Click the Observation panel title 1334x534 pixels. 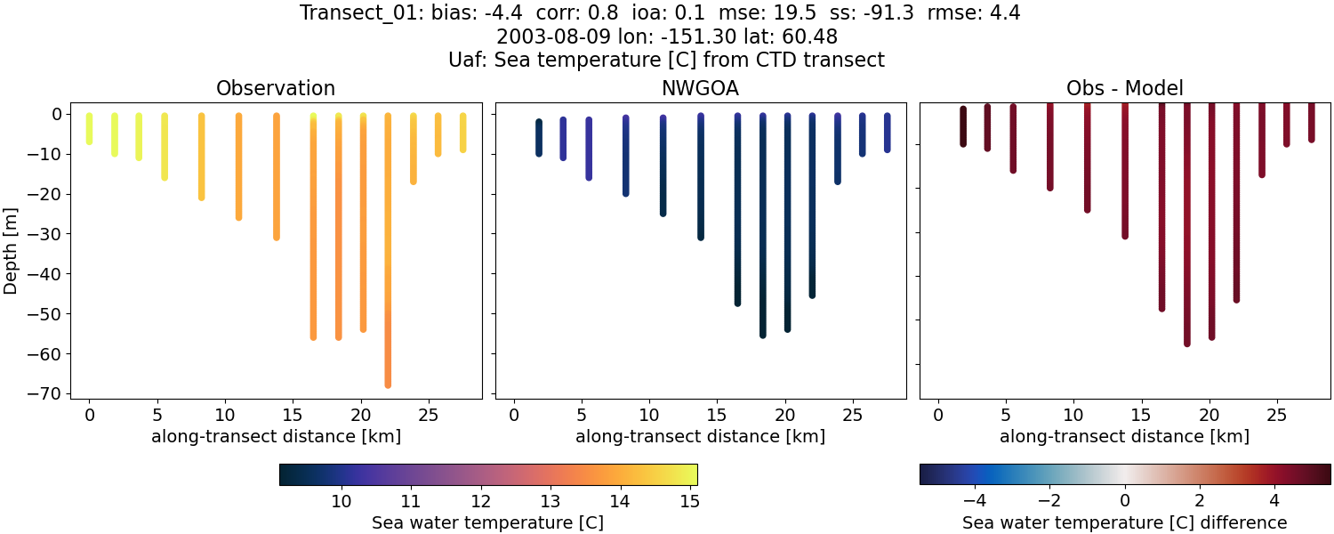tap(276, 88)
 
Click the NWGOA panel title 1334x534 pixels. tap(700, 88)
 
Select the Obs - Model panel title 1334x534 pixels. tap(1124, 88)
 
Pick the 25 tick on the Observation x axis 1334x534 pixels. tap(428, 416)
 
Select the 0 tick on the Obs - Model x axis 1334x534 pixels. tap(938, 416)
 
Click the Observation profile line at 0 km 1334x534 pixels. tap(89, 129)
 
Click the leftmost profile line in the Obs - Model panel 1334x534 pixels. tap(963, 126)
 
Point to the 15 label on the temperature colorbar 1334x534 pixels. tap(689, 501)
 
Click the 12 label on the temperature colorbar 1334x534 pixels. tap(480, 501)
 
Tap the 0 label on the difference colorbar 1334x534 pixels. tap(1125, 501)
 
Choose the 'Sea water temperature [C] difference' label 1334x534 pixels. tap(1124, 522)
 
